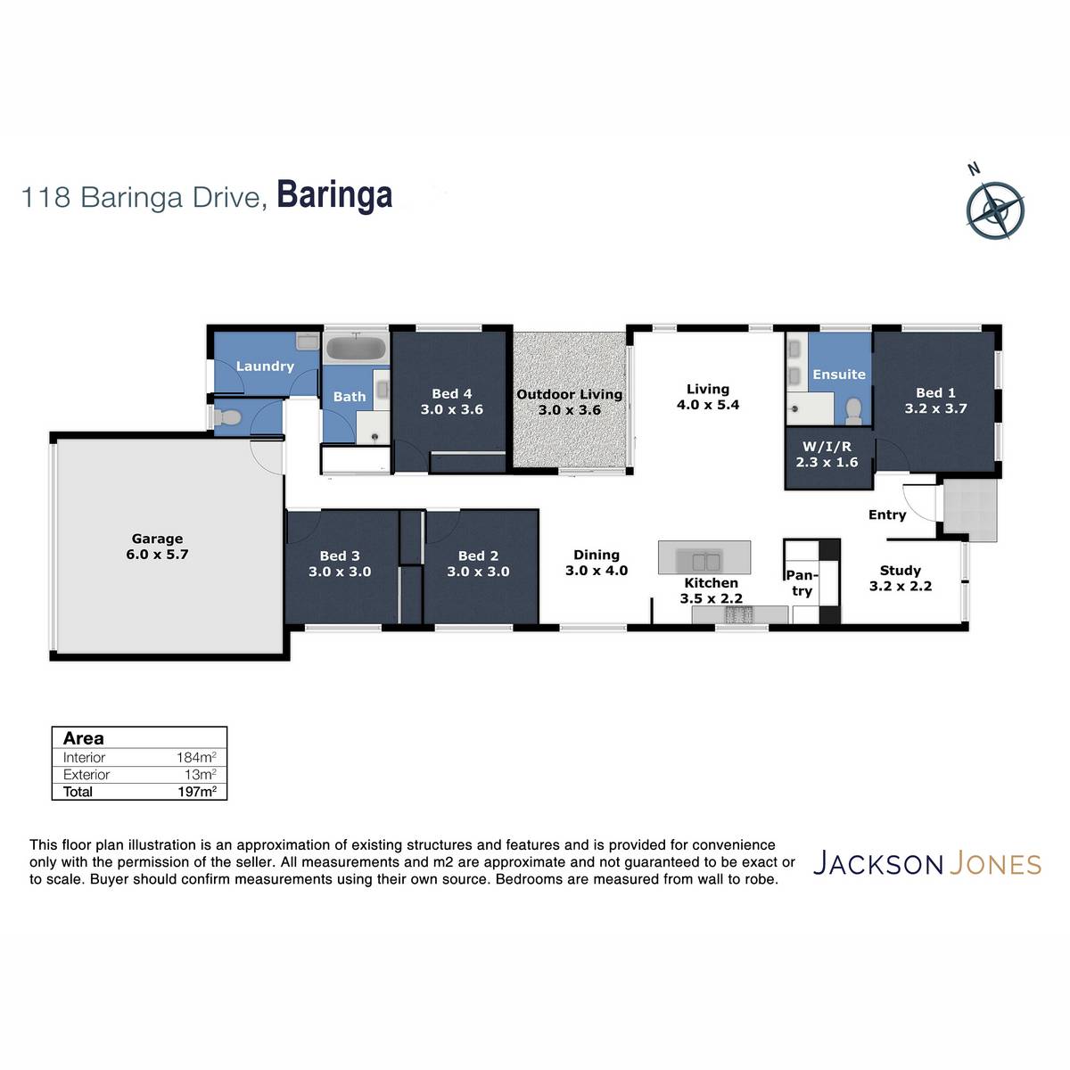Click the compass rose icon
[x=994, y=210]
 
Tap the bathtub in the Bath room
[x=356, y=349]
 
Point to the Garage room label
[x=157, y=539]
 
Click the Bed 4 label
[x=451, y=394]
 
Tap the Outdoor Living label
[x=569, y=394]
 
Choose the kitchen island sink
[x=705, y=562]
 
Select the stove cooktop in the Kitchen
[x=738, y=614]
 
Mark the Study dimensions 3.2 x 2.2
[x=900, y=586]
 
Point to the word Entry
[x=886, y=514]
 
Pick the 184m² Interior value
[x=196, y=757]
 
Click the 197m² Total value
[x=196, y=791]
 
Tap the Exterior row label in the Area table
[x=86, y=775]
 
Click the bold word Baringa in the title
[x=334, y=195]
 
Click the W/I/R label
[x=827, y=447]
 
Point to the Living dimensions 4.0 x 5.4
[x=707, y=405]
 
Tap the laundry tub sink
[x=307, y=341]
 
